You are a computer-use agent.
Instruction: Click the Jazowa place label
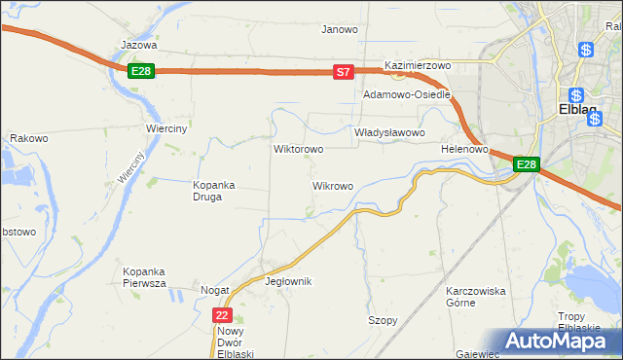coord(138,45)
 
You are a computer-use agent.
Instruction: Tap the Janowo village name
coord(340,29)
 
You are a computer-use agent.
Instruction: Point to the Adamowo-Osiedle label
coord(406,95)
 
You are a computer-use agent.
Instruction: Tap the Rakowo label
coord(29,138)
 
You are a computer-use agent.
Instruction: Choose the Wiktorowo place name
coord(298,150)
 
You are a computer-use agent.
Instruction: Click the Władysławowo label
coord(389,132)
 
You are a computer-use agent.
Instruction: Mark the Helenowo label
coord(463,150)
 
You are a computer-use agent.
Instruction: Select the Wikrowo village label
coord(332,185)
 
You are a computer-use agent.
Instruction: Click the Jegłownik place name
coord(288,281)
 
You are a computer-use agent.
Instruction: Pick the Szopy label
coord(383,320)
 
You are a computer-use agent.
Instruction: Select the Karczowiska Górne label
coord(475,297)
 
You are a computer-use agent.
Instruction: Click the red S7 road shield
coord(343,71)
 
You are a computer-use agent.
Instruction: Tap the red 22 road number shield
coord(223,315)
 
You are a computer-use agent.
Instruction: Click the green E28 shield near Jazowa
coord(140,71)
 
